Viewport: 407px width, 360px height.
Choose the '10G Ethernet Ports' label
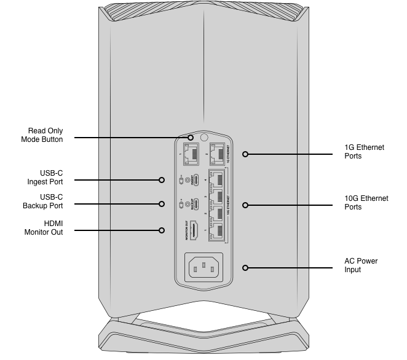pos(366,203)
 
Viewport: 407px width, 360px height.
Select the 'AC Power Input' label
pos(361,265)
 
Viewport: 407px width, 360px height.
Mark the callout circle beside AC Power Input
pos(245,268)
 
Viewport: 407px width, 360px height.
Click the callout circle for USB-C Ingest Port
pos(162,180)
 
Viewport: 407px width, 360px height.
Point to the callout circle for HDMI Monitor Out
pos(162,230)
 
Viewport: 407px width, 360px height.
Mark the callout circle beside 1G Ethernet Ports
pos(245,154)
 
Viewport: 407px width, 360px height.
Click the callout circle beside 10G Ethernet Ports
pos(245,205)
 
